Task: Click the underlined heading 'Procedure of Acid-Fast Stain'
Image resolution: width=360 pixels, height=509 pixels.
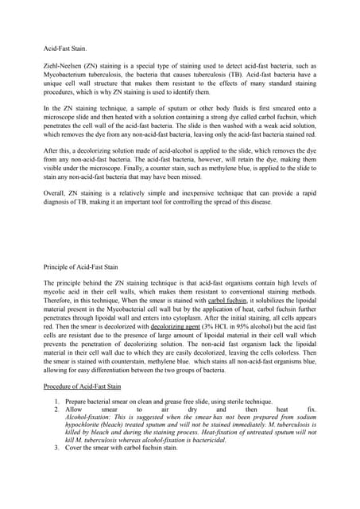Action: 83,387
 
